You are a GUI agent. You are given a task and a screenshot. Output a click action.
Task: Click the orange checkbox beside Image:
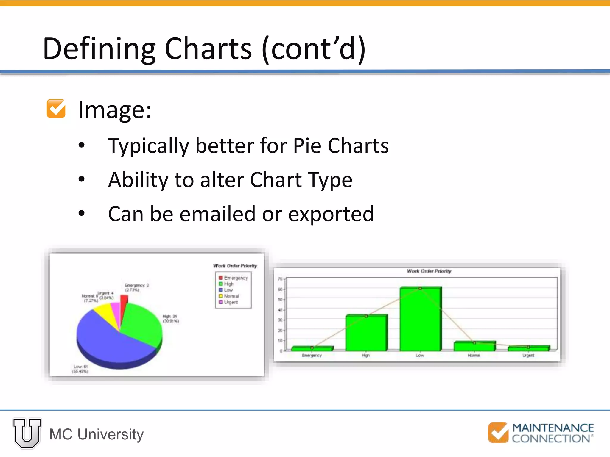point(56,109)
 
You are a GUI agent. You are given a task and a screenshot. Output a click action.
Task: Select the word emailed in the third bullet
point(217,214)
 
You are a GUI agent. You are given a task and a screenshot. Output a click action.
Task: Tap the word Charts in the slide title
point(208,48)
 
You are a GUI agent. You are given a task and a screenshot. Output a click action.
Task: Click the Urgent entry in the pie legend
point(231,302)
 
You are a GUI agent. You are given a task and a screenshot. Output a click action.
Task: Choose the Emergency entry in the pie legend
point(235,278)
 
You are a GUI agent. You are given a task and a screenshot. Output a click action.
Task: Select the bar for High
point(366,333)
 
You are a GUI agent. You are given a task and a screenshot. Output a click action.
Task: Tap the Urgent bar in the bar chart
point(528,348)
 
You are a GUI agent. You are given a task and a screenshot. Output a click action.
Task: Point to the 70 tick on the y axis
point(280,279)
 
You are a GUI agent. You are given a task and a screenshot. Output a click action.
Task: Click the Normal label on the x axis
point(474,356)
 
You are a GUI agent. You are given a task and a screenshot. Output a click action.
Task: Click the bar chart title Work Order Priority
point(429,271)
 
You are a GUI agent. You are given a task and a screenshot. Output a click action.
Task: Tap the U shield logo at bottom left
point(27,433)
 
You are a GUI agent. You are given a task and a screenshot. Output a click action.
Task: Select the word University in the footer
point(111,434)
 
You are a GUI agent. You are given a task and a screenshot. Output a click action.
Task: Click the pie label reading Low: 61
point(80,367)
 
